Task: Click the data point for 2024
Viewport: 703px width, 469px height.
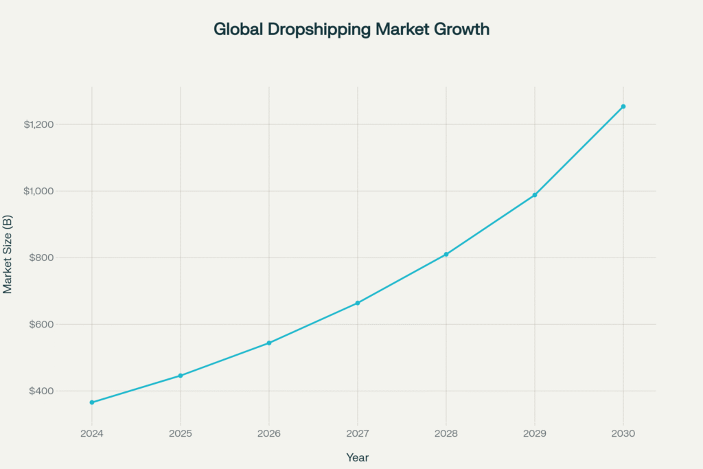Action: point(92,402)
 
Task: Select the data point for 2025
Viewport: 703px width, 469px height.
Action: point(181,376)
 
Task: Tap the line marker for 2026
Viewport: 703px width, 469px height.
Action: point(269,343)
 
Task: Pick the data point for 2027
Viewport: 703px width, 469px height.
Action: point(358,303)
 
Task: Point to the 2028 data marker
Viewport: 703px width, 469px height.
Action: point(446,254)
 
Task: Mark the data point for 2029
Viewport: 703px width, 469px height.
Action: point(535,195)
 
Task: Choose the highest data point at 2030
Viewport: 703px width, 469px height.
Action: point(623,106)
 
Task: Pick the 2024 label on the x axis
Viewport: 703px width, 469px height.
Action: point(92,433)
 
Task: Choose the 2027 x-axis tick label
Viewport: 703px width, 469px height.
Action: point(358,433)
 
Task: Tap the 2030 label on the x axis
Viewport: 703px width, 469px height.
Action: point(623,433)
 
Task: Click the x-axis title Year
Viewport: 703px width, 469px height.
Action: point(358,457)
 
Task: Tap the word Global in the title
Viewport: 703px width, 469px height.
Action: point(234,30)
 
